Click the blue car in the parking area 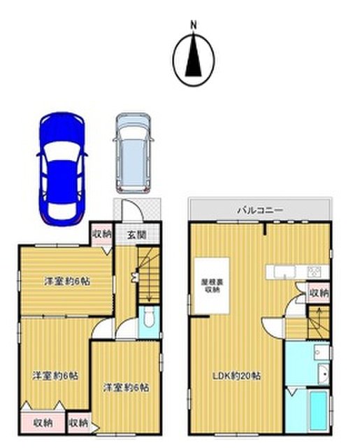click(62, 169)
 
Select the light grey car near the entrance click(134, 153)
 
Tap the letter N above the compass click(194, 25)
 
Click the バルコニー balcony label click(261, 211)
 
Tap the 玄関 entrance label click(137, 235)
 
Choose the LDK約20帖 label click(238, 376)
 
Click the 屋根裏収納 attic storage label click(213, 286)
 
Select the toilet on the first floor click(148, 317)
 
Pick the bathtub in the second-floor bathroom click(318, 410)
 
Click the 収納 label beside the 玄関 click(101, 234)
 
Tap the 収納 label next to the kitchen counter click(319, 293)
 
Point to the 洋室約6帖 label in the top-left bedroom click(67, 281)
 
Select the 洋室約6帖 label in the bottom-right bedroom click(126, 388)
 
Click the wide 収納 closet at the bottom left click(43, 422)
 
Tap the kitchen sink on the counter click(285, 271)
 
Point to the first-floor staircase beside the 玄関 click(148, 275)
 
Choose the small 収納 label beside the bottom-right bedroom click(78, 423)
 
